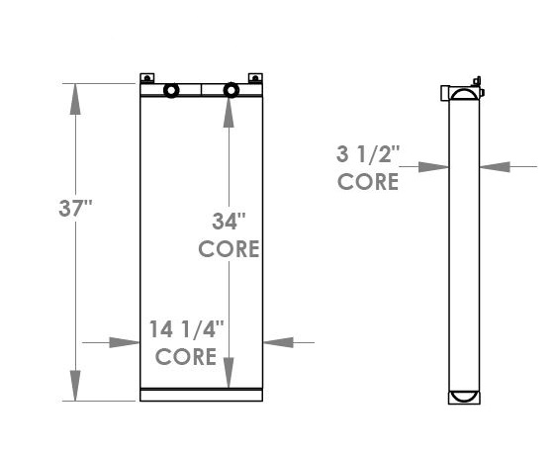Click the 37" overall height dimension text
(75, 210)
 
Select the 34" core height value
(229, 220)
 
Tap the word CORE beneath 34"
(229, 248)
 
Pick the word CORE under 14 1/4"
(186, 356)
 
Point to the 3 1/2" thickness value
(367, 154)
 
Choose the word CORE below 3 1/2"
(367, 182)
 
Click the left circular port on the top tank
(171, 91)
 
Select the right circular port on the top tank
(231, 91)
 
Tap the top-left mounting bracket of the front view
(146, 77)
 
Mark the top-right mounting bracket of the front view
(255, 77)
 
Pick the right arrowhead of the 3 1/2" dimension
(493, 167)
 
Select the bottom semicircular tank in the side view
(463, 397)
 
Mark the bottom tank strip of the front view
(202, 396)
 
